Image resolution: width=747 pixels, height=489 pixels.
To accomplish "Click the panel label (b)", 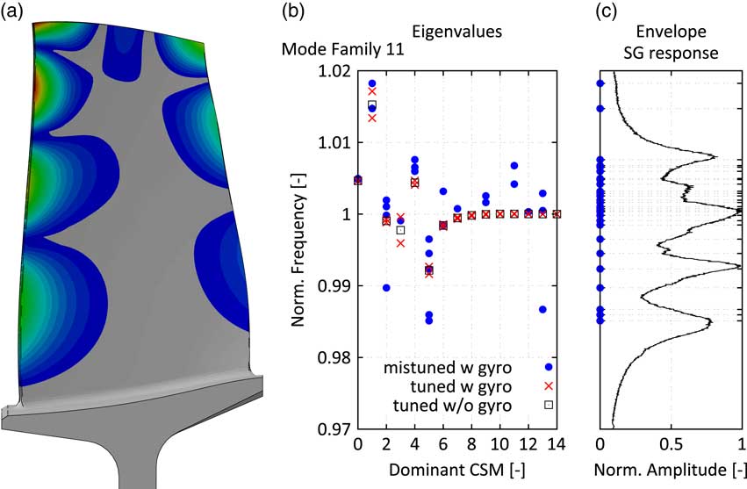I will pos(292,12).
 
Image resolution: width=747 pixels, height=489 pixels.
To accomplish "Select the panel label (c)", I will pos(607,12).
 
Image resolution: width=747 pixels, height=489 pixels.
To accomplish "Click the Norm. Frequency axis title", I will pos(298,250).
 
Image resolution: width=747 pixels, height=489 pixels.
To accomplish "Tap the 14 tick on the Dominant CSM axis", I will pos(557,448).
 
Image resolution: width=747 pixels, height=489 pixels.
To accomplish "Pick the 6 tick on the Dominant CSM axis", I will pos(442,448).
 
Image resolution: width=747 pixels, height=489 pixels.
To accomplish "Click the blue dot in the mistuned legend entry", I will pos(549,367).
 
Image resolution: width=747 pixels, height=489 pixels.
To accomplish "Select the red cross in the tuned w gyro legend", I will pos(549,385).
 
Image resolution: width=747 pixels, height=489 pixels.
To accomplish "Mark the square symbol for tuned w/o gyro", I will pos(549,404).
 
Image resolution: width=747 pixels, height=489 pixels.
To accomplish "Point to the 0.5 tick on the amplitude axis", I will pos(671,448).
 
